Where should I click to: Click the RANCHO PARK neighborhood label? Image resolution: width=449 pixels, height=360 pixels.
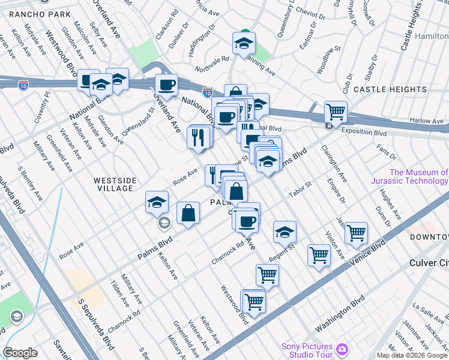tap(35, 14)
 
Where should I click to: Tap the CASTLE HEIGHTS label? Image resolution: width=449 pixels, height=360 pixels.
tap(390, 89)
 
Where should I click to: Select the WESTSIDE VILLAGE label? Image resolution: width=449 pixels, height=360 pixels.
tap(113, 184)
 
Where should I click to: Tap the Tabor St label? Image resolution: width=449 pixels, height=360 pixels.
tap(299, 185)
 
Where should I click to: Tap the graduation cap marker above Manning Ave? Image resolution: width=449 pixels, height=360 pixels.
tap(244, 43)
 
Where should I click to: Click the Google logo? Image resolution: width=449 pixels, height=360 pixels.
tap(20, 353)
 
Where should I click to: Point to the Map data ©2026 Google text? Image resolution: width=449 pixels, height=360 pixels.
tap(412, 355)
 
